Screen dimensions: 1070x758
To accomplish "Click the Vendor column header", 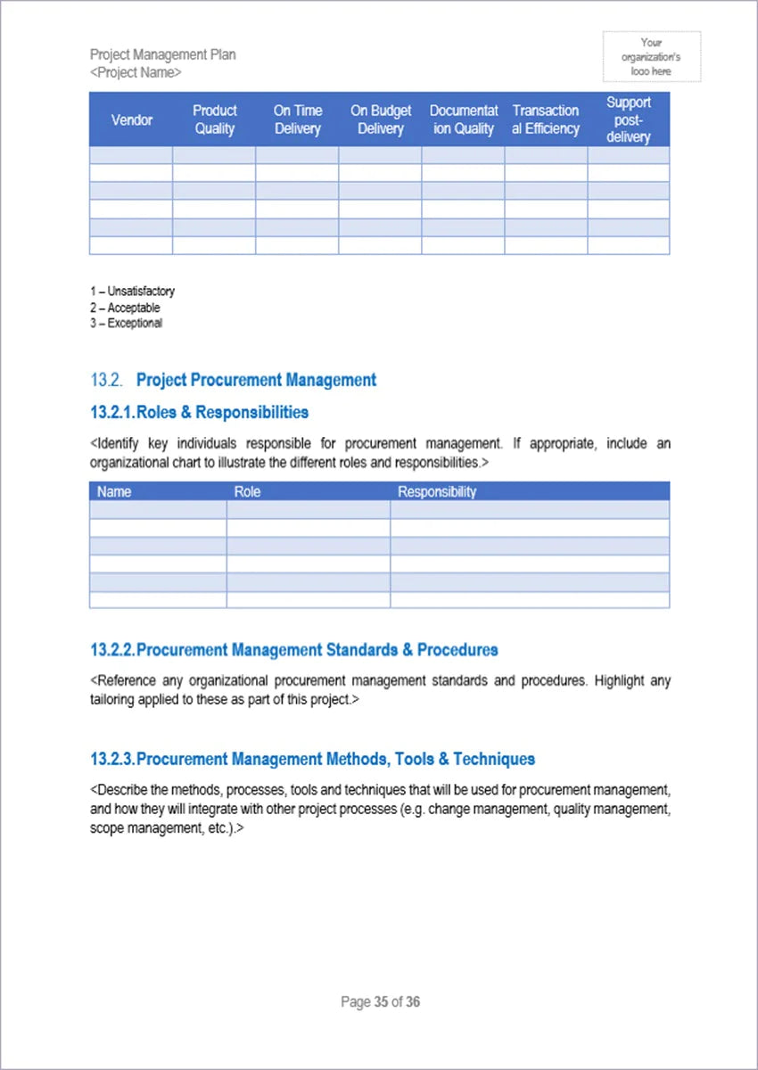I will click(131, 119).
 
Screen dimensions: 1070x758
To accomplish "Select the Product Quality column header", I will click(214, 119).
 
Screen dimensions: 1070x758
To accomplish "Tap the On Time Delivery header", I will click(297, 119).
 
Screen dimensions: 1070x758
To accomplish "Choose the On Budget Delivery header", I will click(380, 119).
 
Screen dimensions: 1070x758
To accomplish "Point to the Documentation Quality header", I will click(463, 119).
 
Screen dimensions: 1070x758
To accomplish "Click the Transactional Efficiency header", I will click(545, 119).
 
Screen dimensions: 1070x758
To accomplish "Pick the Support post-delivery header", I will click(628, 119).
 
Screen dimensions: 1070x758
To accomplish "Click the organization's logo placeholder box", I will click(651, 56).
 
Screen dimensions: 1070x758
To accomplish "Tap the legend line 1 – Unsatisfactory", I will click(132, 292).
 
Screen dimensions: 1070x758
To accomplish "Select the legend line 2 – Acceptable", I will click(125, 308).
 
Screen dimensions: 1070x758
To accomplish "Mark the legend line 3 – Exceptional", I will click(126, 324).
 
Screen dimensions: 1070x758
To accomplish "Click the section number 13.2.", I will click(105, 380).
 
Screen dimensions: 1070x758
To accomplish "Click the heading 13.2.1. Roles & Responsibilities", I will click(199, 412).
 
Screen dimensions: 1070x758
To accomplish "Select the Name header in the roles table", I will click(114, 491).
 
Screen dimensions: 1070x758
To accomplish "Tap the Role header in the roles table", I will click(247, 491).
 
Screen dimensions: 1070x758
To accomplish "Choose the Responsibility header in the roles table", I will click(436, 491).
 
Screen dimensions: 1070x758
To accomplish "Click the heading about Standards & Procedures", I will click(293, 649).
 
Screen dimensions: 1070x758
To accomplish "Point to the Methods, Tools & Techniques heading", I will click(312, 759).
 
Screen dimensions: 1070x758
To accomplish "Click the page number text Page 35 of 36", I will click(380, 1002).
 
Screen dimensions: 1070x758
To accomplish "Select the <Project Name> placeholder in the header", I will click(136, 72).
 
